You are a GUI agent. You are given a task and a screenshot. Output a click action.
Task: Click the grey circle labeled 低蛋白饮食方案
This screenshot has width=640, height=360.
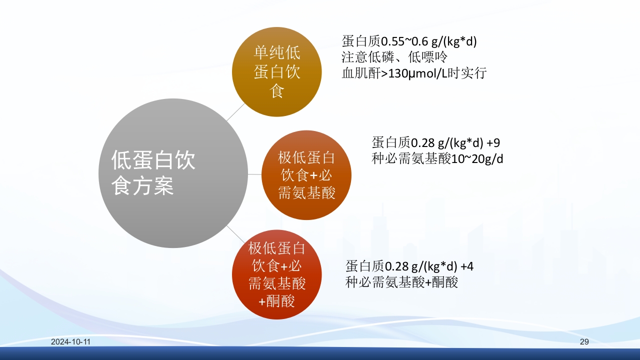coord(173,172)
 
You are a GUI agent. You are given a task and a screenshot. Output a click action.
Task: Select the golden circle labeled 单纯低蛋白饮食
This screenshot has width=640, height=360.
coord(276,72)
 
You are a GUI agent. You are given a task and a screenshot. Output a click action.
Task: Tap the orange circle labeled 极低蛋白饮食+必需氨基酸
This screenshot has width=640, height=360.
coord(306,175)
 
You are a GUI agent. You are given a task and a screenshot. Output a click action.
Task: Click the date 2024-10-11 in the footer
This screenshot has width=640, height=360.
coord(70,342)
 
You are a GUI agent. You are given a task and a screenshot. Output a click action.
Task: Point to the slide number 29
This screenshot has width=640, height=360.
coord(584,342)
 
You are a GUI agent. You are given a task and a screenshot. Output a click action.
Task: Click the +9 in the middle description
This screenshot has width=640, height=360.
coord(493,142)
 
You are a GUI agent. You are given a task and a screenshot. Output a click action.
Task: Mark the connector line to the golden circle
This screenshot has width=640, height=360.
coord(235,113)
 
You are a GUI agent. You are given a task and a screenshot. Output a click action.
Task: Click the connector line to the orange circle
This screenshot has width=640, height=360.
coord(255,174)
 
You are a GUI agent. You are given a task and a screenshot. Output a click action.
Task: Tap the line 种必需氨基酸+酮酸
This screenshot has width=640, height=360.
coord(401,282)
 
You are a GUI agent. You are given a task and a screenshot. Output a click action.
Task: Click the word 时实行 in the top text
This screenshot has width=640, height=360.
coord(470,73)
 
